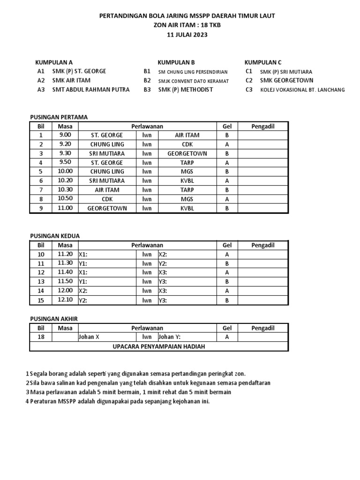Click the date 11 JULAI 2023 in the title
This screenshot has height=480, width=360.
coord(187,34)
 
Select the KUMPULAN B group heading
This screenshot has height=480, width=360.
coord(176,62)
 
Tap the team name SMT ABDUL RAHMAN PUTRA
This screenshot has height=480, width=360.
coord(91,90)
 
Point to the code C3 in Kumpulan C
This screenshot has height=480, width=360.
coord(249,90)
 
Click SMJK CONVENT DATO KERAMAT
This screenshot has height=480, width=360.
coord(193,81)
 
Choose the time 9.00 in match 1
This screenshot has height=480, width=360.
coord(65,135)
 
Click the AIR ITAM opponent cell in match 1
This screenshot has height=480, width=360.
coord(187,135)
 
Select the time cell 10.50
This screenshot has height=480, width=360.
coord(65,199)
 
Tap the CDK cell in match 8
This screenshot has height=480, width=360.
coord(107,199)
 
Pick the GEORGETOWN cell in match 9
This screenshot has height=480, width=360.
coord(107,209)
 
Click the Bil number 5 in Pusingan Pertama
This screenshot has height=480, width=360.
coord(41,172)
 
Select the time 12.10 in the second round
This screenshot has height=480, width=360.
coord(65,300)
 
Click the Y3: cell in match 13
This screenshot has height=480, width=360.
coord(164,282)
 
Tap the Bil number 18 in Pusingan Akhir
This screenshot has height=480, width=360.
coord(41,337)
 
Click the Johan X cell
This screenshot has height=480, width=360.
coord(90,337)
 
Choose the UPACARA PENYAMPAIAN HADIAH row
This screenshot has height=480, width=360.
coord(159,346)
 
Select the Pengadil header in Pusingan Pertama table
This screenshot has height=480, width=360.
coord(262,126)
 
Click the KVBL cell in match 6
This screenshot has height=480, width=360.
coord(187,181)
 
